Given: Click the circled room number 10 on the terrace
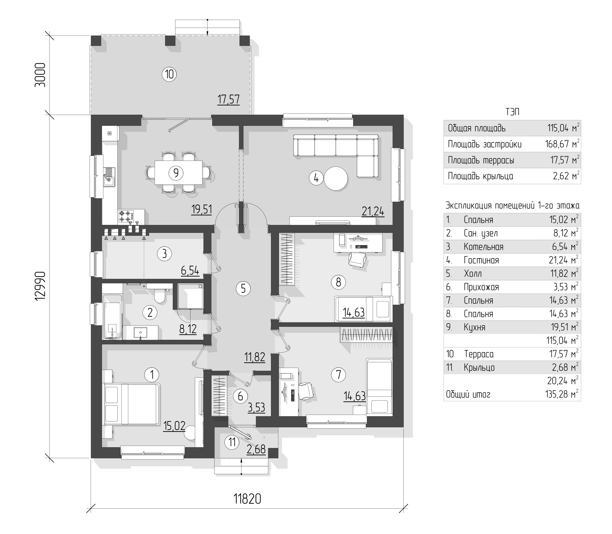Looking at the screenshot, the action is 169,74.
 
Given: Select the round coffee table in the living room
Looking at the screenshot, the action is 336,179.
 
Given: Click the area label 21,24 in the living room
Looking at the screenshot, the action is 373,211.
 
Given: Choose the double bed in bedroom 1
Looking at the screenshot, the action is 131,404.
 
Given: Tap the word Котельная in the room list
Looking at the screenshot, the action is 483,247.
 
